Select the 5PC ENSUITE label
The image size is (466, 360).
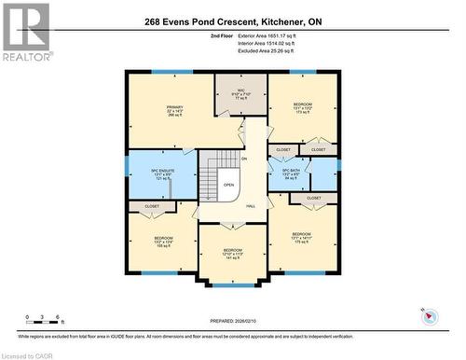point(162,173)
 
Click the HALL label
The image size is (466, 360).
point(251,206)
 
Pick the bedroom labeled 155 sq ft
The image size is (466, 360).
point(163,242)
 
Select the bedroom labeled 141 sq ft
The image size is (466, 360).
point(232,255)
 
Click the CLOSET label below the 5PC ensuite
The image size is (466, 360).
point(151,206)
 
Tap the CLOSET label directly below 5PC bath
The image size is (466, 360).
point(314,198)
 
